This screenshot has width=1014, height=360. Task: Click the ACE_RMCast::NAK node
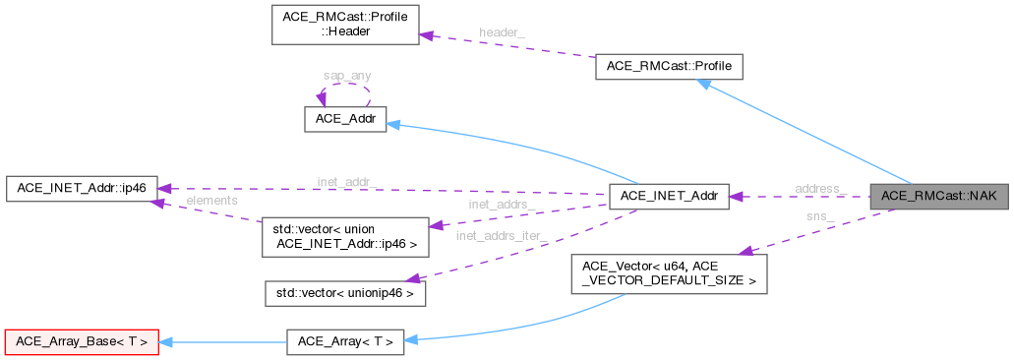pyautogui.click(x=938, y=196)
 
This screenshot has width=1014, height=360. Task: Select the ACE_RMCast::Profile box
pyautogui.click(x=669, y=68)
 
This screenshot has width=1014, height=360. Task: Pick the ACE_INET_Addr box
pyautogui.click(x=669, y=196)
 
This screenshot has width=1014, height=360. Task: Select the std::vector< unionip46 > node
pyautogui.click(x=336, y=292)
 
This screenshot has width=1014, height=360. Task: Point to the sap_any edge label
pyautogui.click(x=346, y=75)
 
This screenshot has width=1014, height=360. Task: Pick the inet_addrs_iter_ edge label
pyautogui.click(x=502, y=235)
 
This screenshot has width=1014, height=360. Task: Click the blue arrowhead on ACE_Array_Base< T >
pyautogui.click(x=166, y=341)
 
